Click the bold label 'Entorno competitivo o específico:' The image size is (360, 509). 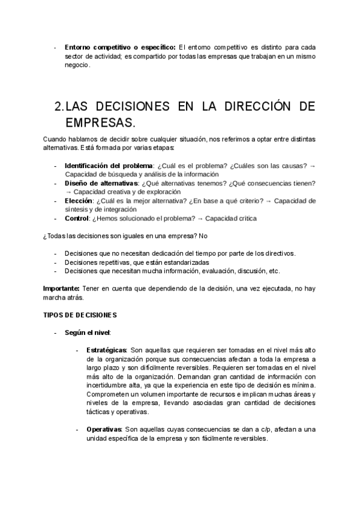pyautogui.click(x=120, y=47)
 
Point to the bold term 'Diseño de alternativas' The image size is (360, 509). pyautogui.click(x=101, y=183)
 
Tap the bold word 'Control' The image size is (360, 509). pyautogui.click(x=77, y=218)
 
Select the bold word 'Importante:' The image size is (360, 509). pyautogui.click(x=61, y=288)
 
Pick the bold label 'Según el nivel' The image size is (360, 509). pyautogui.click(x=87, y=333)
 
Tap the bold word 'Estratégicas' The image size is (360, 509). pyautogui.click(x=106, y=350)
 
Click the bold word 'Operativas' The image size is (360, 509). pyautogui.click(x=104, y=429)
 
